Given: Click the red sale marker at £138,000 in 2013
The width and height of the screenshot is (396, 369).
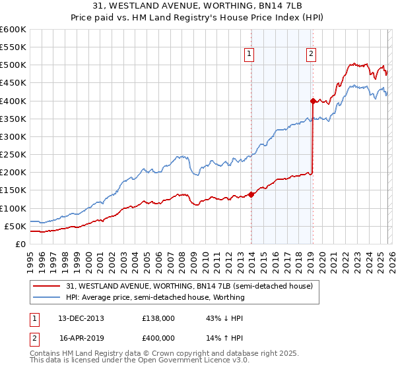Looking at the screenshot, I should (x=251, y=194).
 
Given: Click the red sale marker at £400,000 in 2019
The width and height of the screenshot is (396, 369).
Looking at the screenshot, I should (x=313, y=101).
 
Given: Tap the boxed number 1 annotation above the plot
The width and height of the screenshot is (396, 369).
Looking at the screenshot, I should (x=250, y=55).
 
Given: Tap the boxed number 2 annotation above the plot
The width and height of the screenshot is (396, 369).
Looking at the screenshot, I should (x=310, y=55).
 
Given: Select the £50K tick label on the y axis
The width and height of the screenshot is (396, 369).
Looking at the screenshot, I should (x=15, y=226).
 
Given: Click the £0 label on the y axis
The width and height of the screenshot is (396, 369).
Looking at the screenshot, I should (x=20, y=244).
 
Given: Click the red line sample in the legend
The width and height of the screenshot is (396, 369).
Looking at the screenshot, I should (x=48, y=286).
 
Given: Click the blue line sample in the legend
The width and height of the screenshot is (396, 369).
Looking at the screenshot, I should (x=48, y=297).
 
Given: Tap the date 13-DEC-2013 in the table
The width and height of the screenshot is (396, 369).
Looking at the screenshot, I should (x=81, y=318).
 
